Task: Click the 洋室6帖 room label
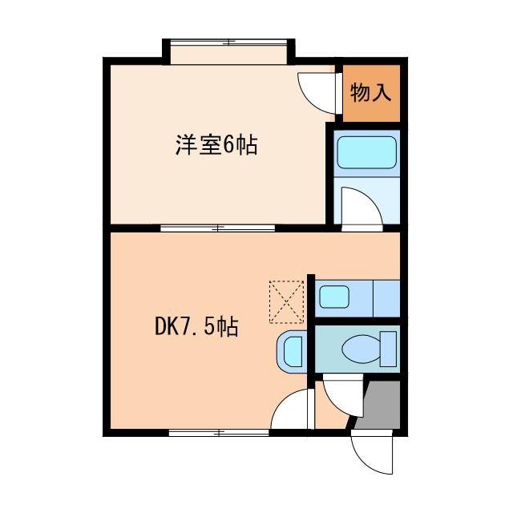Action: (216, 146)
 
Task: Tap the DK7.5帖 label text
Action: (196, 327)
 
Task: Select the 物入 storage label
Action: (370, 93)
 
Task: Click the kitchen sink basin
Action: (334, 298)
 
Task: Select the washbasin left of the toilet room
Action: (292, 350)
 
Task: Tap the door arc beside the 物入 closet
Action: (314, 91)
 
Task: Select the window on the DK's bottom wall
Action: (218, 432)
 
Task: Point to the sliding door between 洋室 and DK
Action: (218, 228)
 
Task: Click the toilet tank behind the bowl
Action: (389, 349)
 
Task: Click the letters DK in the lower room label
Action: (166, 327)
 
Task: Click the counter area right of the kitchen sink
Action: (386, 298)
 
